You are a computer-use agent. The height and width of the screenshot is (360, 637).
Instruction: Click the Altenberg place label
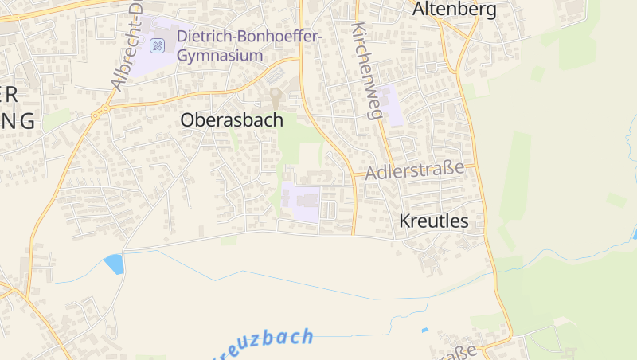455,10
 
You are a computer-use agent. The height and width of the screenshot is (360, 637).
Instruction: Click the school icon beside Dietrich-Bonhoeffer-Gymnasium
158,45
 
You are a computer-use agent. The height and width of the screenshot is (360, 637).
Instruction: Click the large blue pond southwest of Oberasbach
114,264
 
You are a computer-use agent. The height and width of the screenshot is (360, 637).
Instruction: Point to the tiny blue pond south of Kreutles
424,330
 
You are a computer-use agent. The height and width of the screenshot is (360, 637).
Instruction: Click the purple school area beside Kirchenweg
392,104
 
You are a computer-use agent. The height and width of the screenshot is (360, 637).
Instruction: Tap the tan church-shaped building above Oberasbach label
276,99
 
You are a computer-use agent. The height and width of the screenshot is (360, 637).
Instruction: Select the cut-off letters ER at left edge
10,94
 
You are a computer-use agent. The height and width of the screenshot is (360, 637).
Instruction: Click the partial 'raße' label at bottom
457,351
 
